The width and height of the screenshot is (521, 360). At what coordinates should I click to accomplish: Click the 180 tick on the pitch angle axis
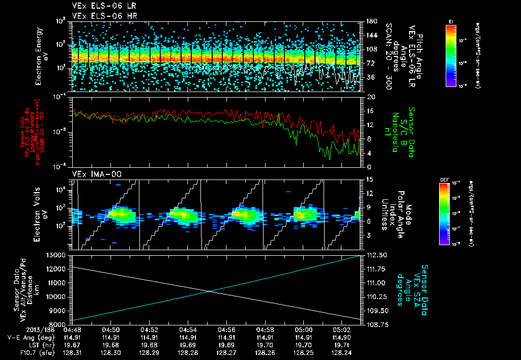coord(367,21)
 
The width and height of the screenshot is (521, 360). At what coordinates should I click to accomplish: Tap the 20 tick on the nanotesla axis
coord(366,97)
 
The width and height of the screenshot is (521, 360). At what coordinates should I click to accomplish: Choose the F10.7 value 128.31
coord(71,352)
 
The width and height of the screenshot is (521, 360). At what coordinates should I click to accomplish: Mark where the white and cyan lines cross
coord(211,291)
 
